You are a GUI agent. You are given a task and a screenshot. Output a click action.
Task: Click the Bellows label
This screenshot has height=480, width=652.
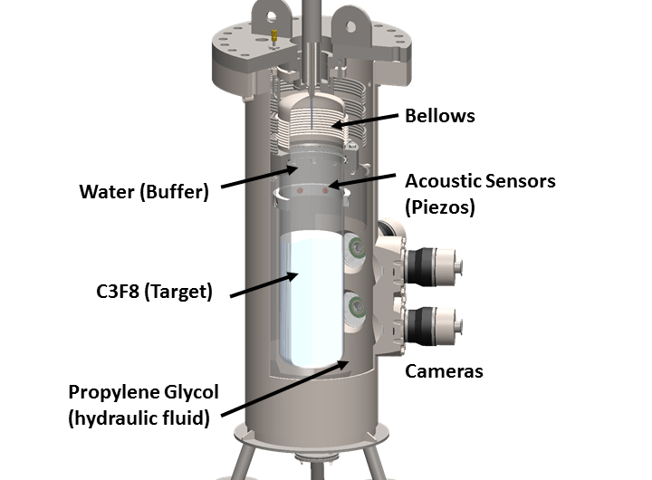pyautogui.click(x=439, y=116)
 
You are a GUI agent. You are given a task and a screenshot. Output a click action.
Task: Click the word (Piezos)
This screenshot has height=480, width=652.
pyautogui.click(x=441, y=206)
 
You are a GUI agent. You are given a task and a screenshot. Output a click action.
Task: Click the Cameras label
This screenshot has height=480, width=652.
pyautogui.click(x=444, y=370)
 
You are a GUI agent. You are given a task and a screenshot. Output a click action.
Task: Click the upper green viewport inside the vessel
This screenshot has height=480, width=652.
pyautogui.click(x=355, y=245)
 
